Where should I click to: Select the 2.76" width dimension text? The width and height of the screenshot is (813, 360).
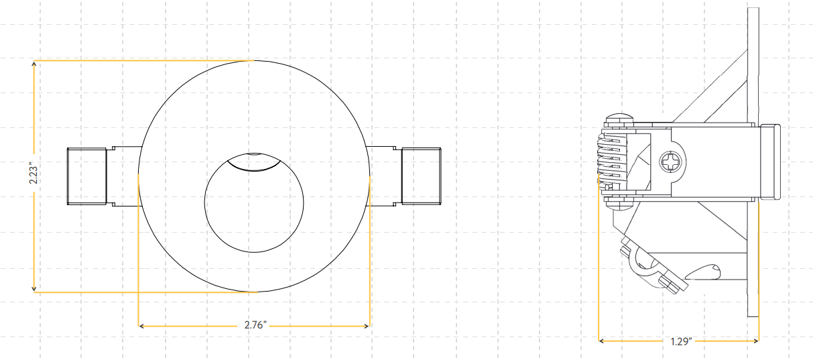pyautogui.click(x=255, y=326)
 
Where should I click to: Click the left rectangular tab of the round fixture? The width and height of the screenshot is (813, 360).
pyautogui.click(x=87, y=175)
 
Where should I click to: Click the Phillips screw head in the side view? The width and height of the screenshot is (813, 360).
pyautogui.click(x=672, y=162)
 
